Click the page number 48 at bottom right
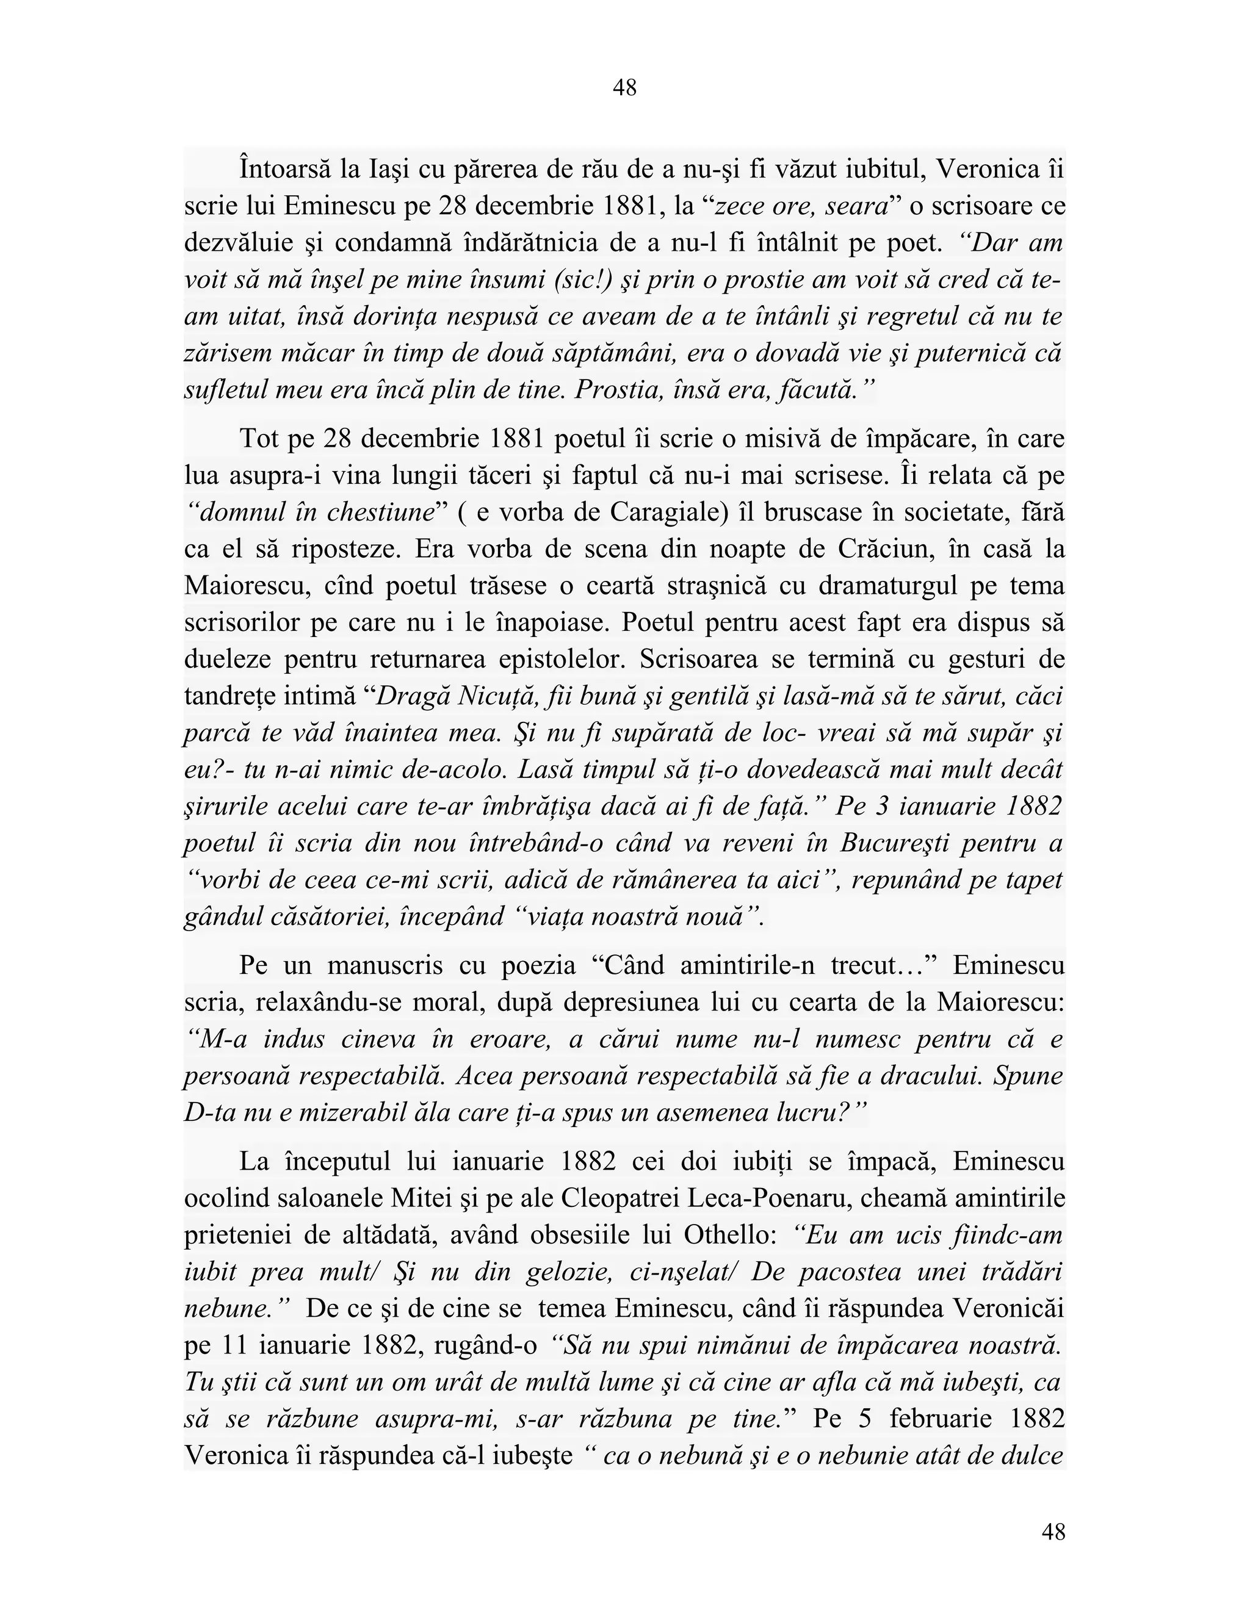(x=1053, y=1532)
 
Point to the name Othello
(x=726, y=1235)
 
